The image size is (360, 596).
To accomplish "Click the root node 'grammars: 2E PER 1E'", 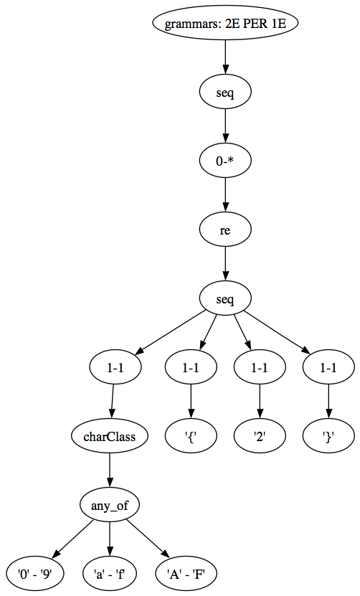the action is pos(225,23).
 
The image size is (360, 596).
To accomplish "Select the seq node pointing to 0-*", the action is pos(225,93).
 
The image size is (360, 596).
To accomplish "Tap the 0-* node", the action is pos(225,161).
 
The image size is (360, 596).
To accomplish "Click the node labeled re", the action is pos(225,230).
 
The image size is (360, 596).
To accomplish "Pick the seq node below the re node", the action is pos(225,299).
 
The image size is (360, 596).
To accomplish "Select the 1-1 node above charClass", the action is pos(115,367).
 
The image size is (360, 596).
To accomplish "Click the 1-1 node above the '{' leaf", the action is pos(191,367).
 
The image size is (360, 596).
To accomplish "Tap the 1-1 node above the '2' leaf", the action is pos(260,367).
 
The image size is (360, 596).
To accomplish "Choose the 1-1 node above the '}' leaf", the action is pos(328,367).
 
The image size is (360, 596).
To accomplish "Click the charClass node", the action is pos(110,436).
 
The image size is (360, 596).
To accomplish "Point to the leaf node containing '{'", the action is pos(191,436).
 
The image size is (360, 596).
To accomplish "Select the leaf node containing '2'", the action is pos(260,436).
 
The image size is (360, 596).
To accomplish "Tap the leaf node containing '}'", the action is pos(328,436).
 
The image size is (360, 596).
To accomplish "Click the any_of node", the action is pos(110,505).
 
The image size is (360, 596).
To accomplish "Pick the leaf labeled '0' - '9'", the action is pos(35,574).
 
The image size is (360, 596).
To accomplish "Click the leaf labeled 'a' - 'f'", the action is pos(110,574).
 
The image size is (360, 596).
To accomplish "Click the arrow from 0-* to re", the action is pos(225,195).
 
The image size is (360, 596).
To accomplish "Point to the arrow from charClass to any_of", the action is pos(110,470).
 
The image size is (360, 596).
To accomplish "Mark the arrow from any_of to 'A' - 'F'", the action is pos(148,539).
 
